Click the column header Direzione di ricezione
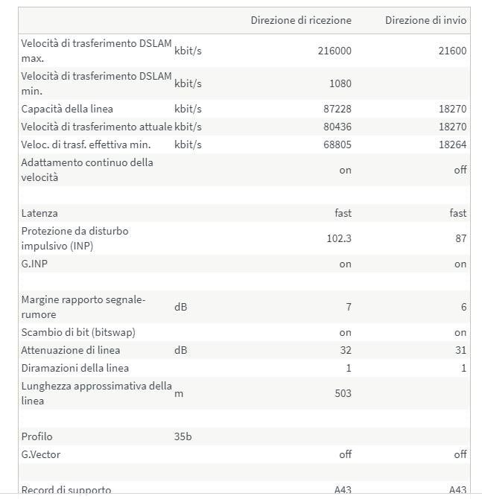coord(301,20)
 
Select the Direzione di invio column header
coord(425,20)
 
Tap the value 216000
coord(332,51)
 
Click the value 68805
coord(336,144)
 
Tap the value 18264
coord(452,144)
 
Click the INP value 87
coord(460,238)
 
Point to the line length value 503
coord(343,393)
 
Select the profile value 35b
coord(183,436)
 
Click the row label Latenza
coord(39,213)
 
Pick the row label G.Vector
coord(41,454)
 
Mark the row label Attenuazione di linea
coord(71,350)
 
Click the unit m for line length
coord(178,393)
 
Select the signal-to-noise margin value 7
coord(348,307)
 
